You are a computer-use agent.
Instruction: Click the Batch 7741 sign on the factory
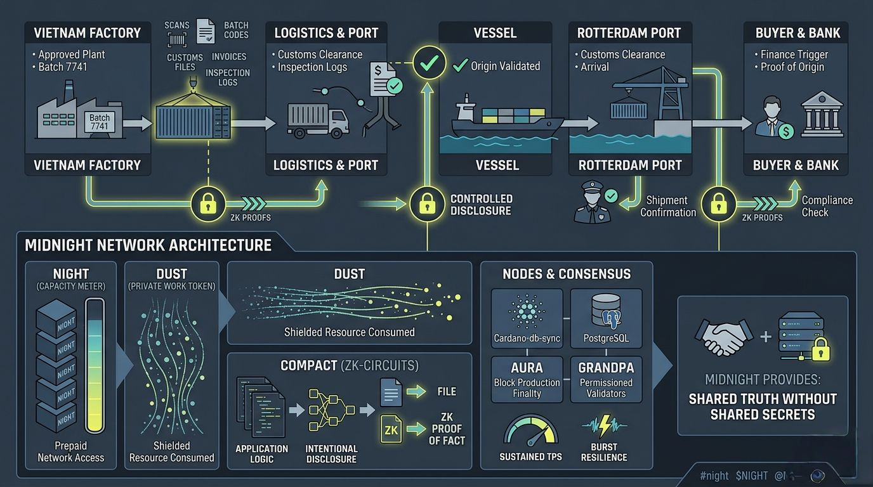tap(100, 122)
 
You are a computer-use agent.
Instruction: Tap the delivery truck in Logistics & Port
tap(318, 119)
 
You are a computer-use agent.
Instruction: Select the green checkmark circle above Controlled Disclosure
tap(429, 62)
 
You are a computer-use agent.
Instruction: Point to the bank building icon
tap(822, 114)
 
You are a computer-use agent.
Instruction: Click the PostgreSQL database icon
tap(606, 311)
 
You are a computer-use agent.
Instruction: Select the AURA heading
tap(527, 368)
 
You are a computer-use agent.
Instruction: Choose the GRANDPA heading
tap(606, 368)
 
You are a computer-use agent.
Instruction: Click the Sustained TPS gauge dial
tap(531, 431)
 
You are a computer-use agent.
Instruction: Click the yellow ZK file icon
tap(391, 429)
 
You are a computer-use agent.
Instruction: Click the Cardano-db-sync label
tap(527, 338)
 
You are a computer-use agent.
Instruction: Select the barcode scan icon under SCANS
tap(176, 40)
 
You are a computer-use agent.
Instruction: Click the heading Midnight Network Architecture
tap(148, 245)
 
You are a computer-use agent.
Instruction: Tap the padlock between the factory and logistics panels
tap(208, 204)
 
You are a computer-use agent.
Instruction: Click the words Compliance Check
tap(827, 206)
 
